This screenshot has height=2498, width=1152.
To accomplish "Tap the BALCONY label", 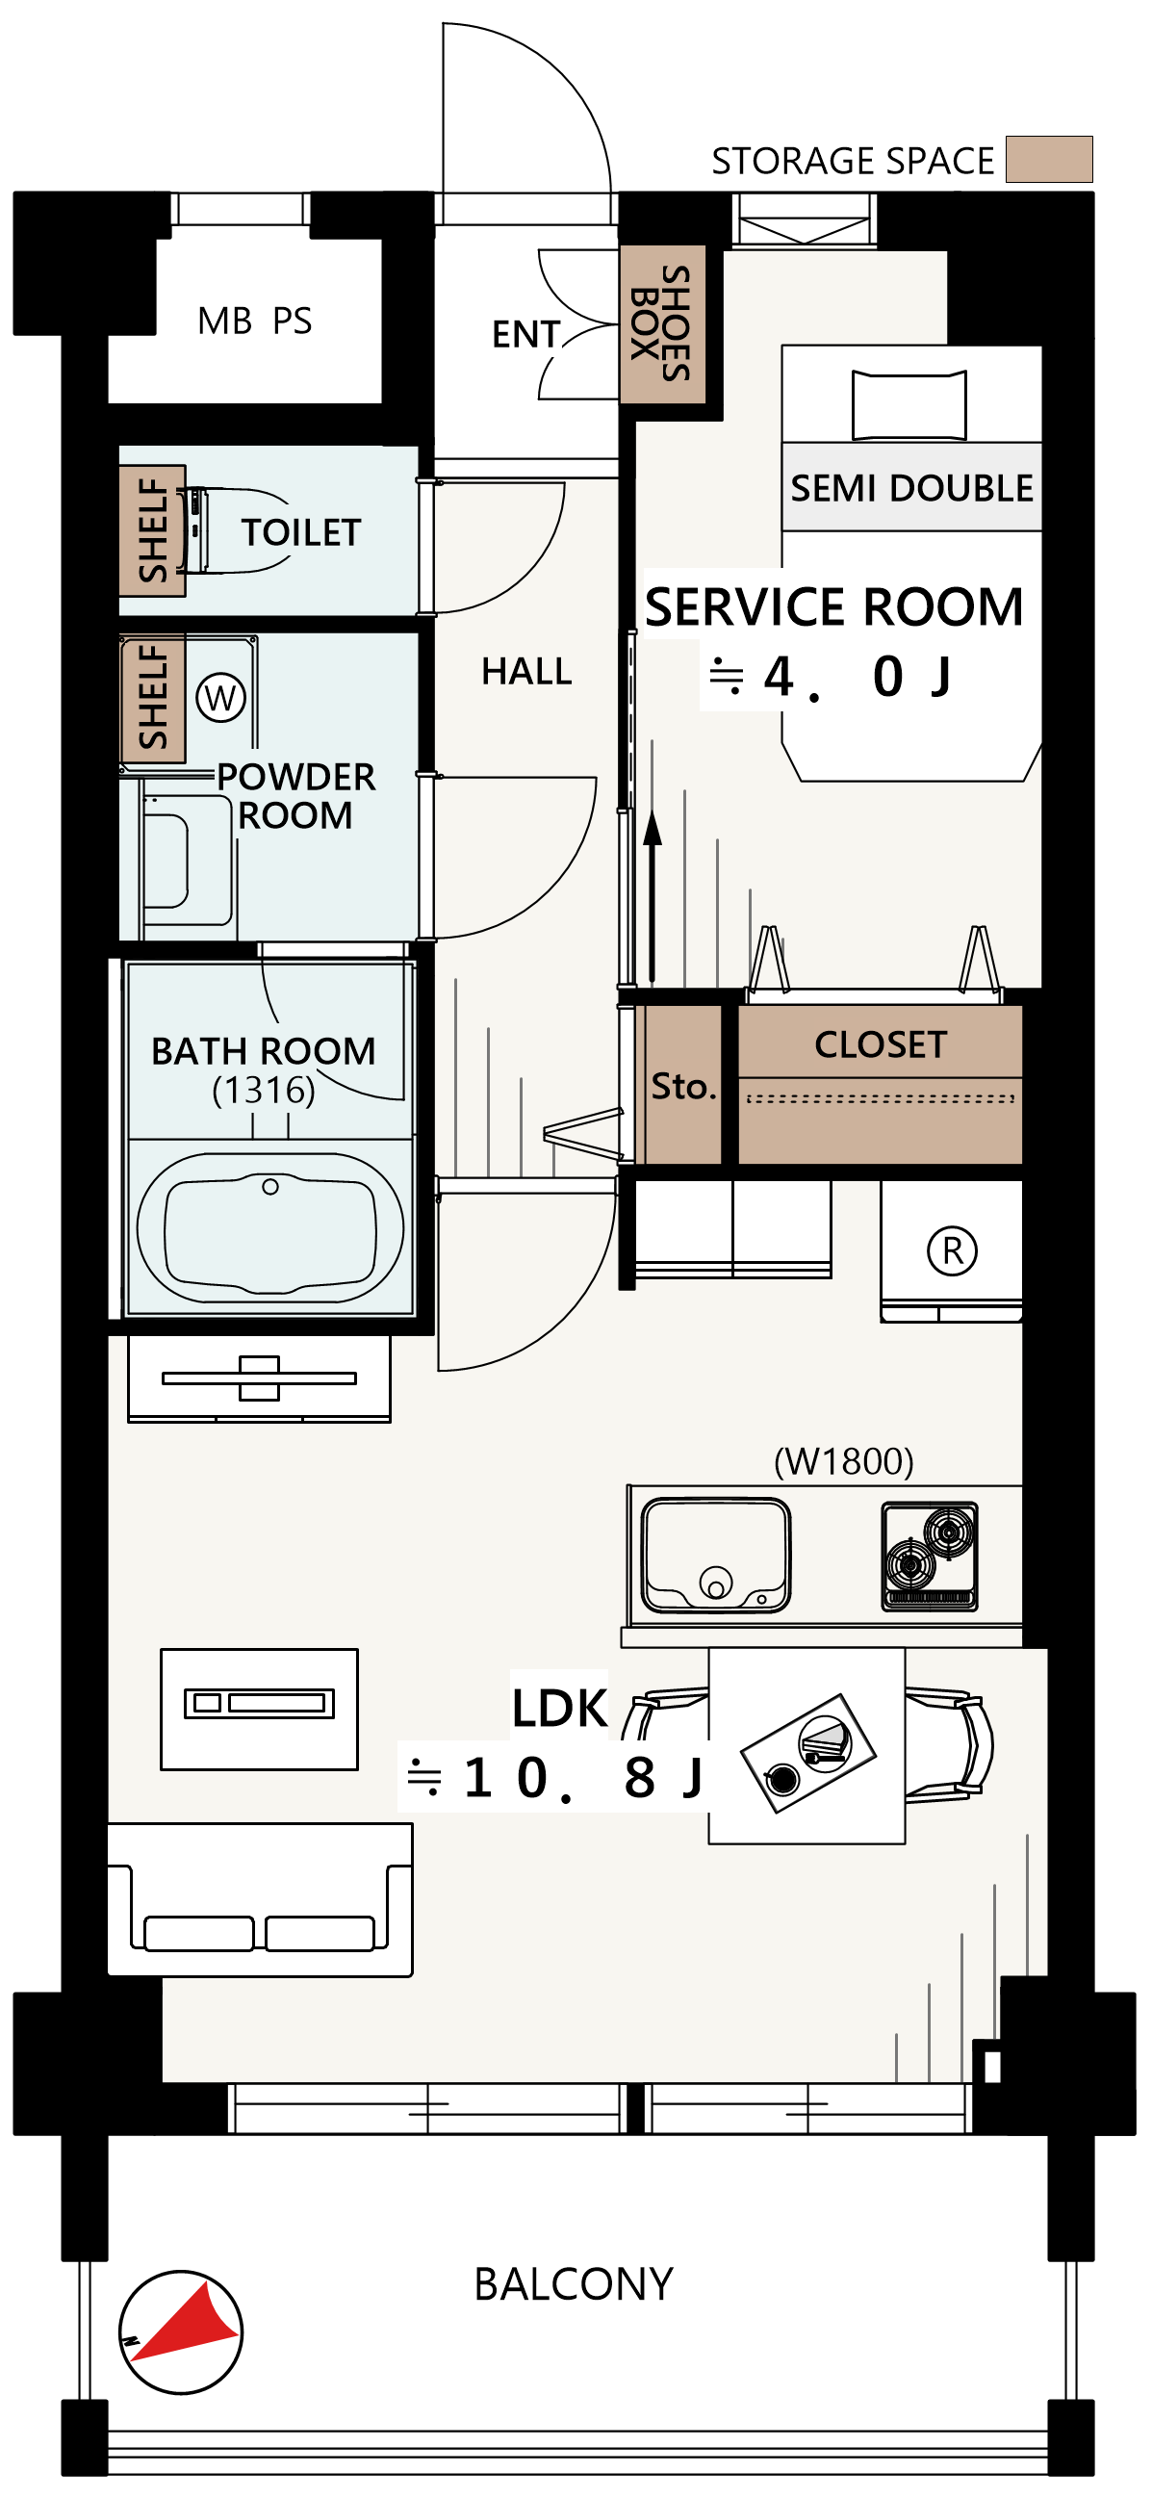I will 573,2285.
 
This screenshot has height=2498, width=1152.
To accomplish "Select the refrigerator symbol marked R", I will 951,1251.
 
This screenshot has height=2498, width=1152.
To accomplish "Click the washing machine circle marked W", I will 220,697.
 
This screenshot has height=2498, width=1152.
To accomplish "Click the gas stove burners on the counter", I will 930,1556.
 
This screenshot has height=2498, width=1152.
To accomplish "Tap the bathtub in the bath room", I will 269,1227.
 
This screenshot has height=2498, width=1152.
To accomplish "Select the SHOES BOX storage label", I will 661,322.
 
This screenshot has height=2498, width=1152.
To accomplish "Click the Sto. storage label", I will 682,1086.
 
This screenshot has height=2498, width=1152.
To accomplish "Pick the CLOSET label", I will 880,1044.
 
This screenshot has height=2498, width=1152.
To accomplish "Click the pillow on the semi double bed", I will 909,405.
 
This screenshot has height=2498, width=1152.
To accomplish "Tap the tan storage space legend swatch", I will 1048,159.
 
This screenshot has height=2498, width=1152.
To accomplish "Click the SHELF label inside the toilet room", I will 152,530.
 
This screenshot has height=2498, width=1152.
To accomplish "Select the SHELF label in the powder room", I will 152,697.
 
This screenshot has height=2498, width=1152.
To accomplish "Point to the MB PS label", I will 254,321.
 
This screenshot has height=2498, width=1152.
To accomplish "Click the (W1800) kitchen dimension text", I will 844,1461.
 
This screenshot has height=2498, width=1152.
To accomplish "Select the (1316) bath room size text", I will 264,1090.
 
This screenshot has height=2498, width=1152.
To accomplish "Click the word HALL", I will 526,671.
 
